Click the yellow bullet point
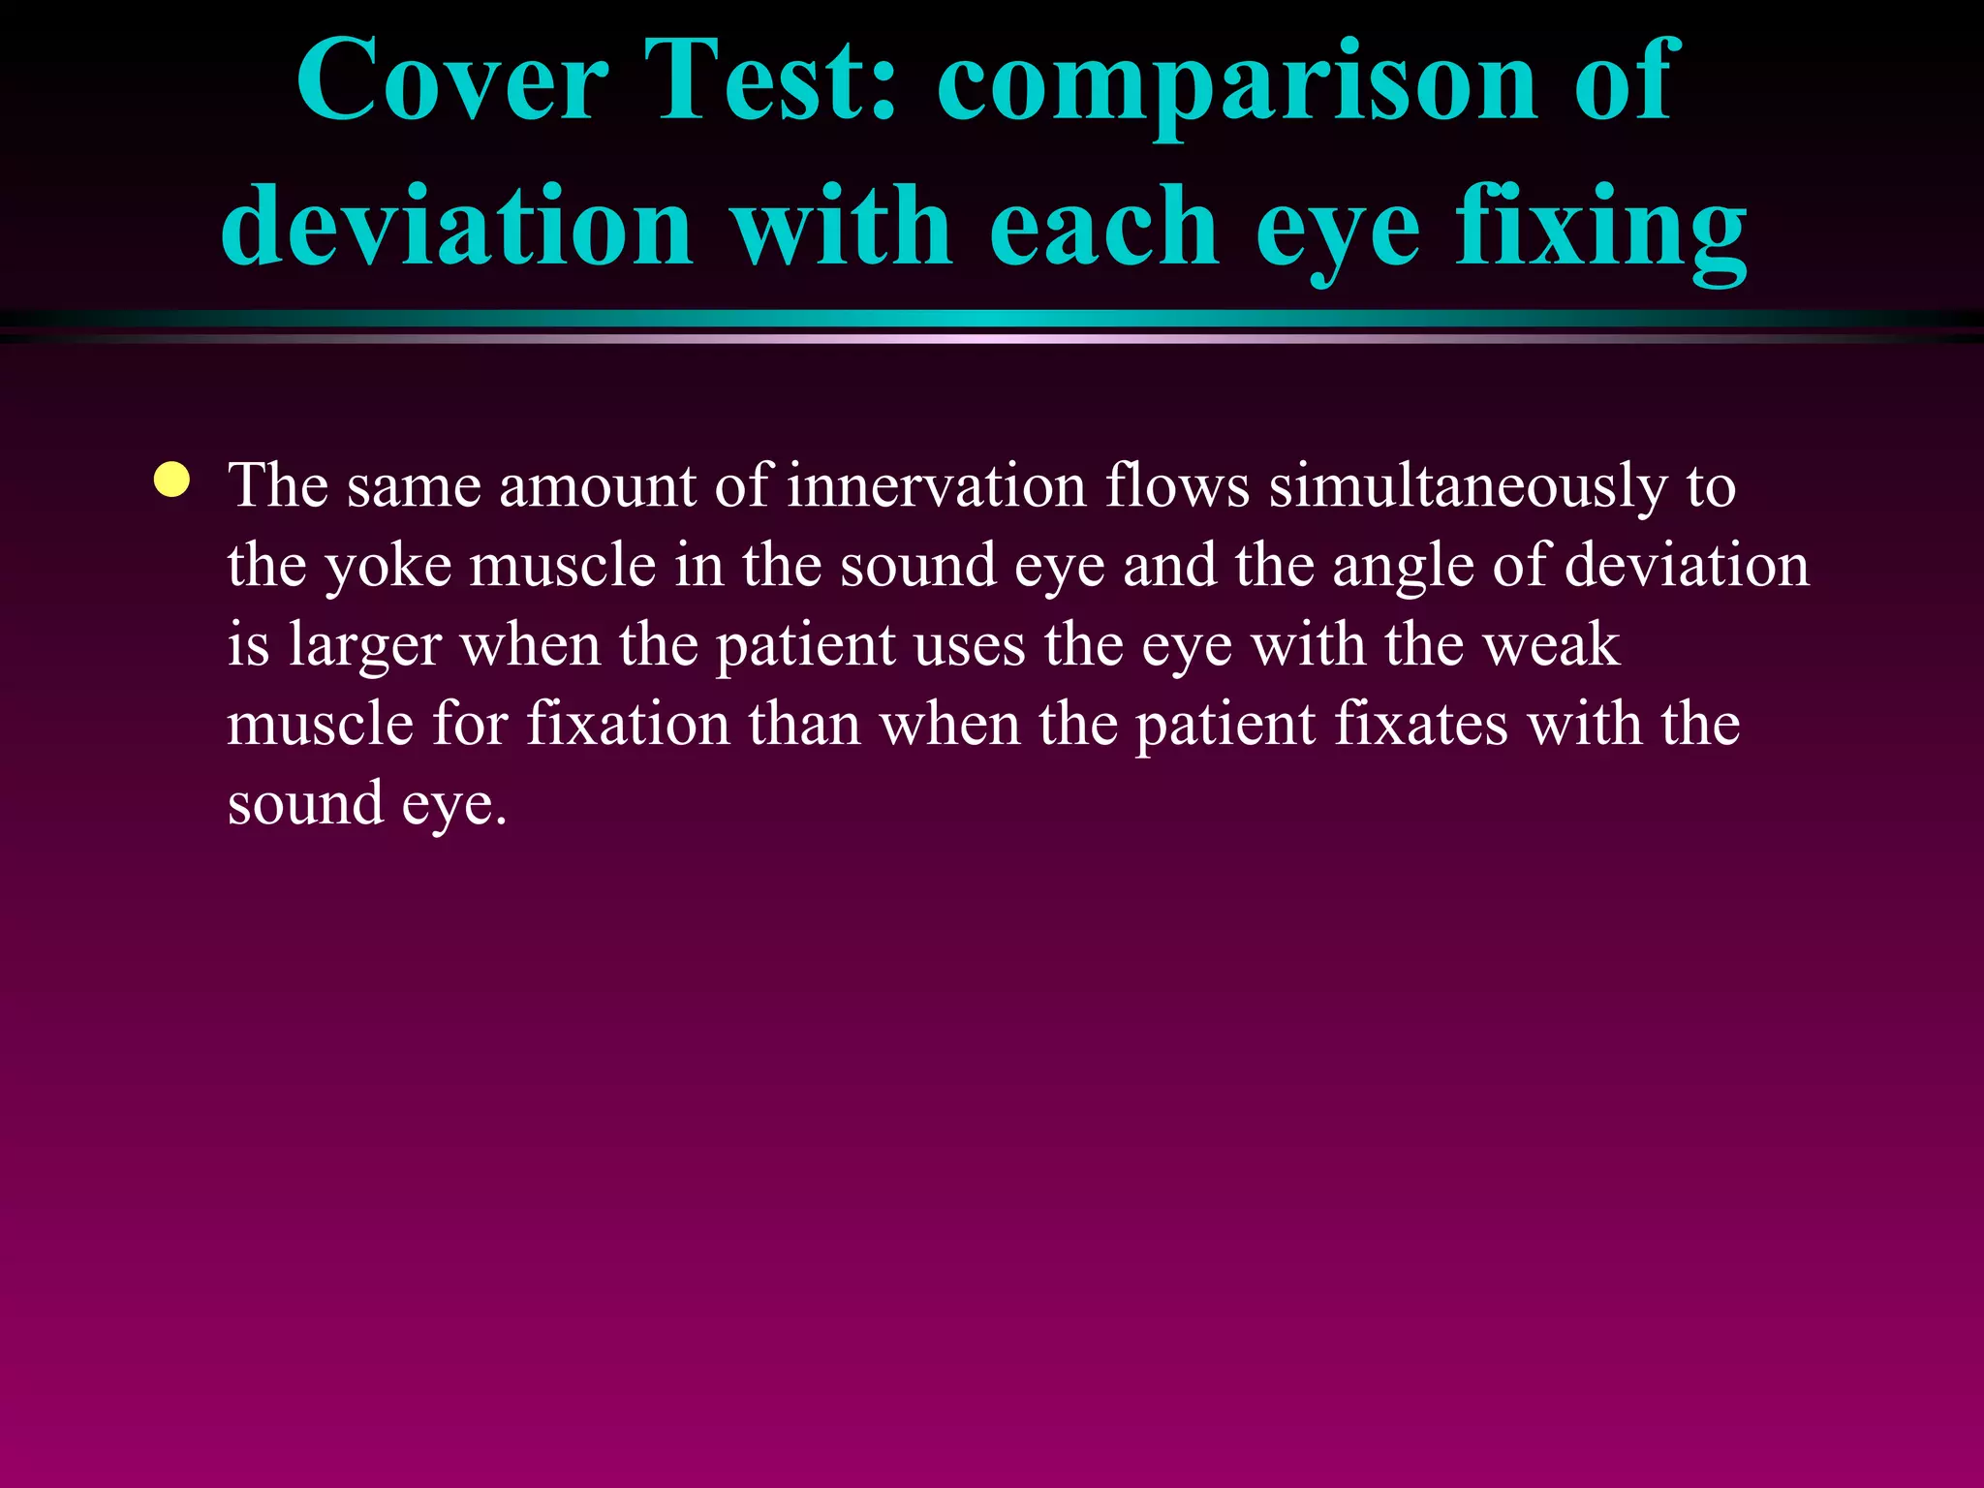(x=171, y=480)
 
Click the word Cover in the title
(x=452, y=81)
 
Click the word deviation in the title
(x=456, y=227)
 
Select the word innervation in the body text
(x=936, y=485)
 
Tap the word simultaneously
(x=1468, y=487)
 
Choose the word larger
(x=364, y=647)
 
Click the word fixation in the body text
(x=628, y=725)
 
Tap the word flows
(x=1177, y=485)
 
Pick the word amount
(x=597, y=487)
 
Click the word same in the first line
(x=414, y=487)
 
